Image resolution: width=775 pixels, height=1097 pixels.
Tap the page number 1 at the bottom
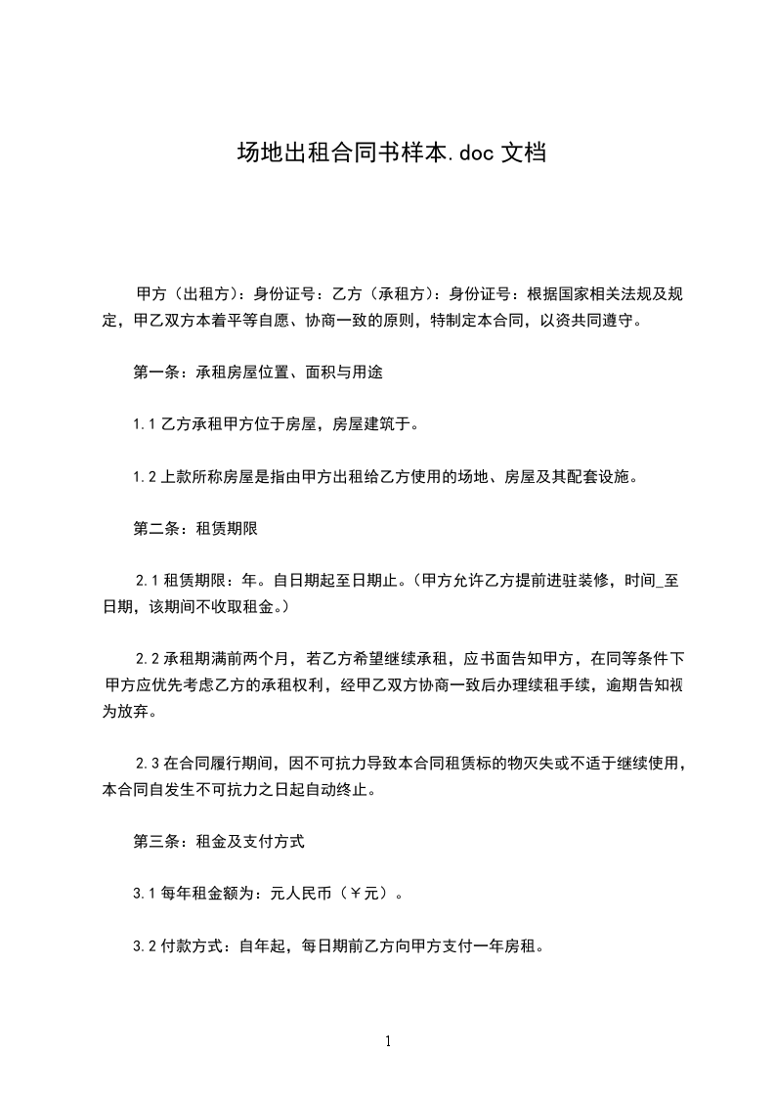(388, 1041)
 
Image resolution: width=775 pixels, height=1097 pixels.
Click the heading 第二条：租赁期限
(195, 529)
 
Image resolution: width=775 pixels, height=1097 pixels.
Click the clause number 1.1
(145, 424)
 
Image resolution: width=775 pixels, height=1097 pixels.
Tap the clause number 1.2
(145, 477)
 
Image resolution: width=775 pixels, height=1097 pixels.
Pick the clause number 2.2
(148, 655)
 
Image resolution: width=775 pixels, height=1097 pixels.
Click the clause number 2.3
(148, 762)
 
